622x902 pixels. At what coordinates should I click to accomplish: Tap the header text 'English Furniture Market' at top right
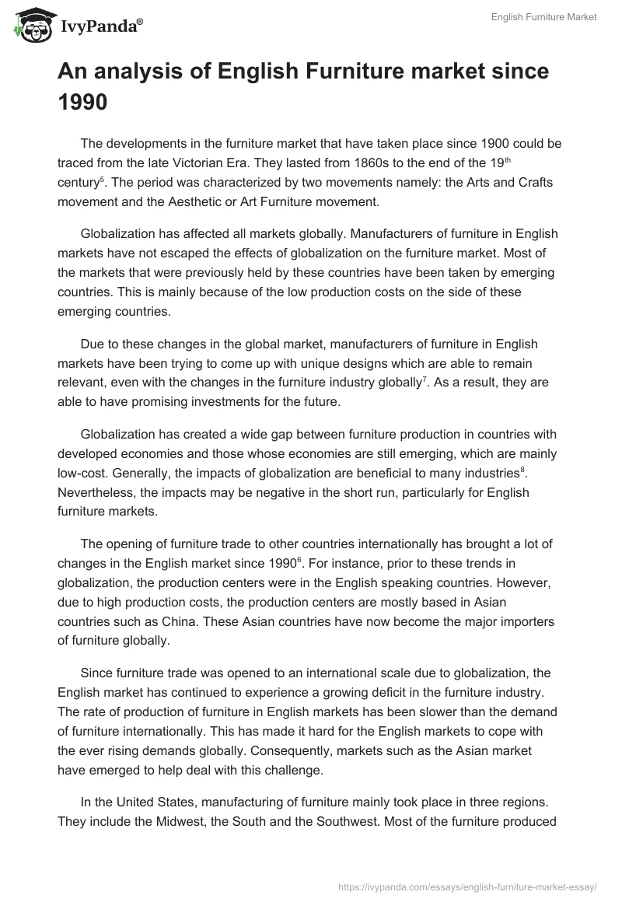[x=543, y=18]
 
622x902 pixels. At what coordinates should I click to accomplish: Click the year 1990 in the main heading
[x=82, y=102]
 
